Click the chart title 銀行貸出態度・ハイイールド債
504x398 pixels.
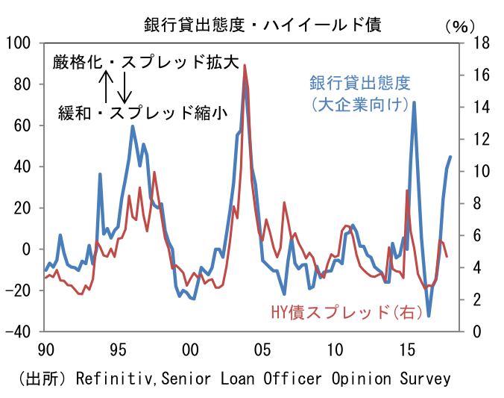pyautogui.click(x=262, y=24)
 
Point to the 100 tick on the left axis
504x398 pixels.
pyautogui.click(x=19, y=43)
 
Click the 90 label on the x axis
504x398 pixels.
pyautogui.click(x=45, y=350)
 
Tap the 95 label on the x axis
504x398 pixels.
pyautogui.click(x=117, y=350)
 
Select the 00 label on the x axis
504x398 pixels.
pyautogui.click(x=189, y=350)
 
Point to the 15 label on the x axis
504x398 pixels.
pyautogui.click(x=406, y=350)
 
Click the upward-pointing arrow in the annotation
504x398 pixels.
pyautogui.click(x=107, y=86)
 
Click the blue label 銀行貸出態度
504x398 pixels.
pyautogui.click(x=360, y=82)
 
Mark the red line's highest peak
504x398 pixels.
pyautogui.click(x=245, y=66)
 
